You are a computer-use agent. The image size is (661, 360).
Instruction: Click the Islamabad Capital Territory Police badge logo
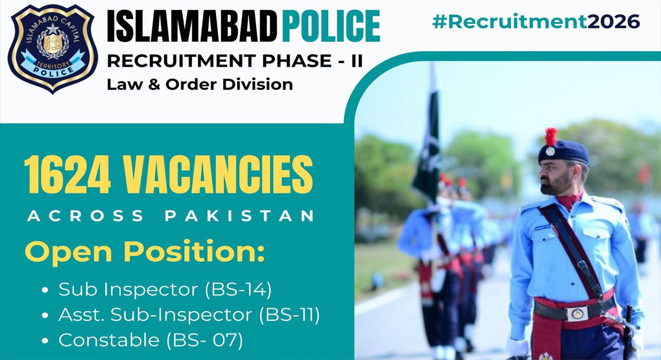tap(53, 48)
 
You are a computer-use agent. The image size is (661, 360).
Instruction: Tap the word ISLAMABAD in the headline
tap(191, 27)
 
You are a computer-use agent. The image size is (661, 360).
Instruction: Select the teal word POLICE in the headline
tap(331, 27)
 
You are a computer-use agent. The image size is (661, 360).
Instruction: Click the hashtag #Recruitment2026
tap(536, 22)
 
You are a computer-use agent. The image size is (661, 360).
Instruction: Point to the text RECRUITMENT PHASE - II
tap(235, 61)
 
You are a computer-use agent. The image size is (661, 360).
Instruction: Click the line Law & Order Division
tap(200, 84)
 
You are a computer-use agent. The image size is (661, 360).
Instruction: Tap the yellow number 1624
tap(67, 175)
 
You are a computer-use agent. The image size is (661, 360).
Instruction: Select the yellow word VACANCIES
tap(218, 175)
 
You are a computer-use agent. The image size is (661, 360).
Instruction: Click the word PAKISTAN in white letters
tap(239, 216)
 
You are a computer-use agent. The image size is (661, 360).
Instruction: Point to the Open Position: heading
tap(145, 252)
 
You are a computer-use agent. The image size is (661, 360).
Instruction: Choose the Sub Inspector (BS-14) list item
tap(165, 289)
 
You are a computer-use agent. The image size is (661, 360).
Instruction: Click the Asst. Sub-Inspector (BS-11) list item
tap(189, 315)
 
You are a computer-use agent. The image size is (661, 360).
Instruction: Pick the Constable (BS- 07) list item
tap(150, 340)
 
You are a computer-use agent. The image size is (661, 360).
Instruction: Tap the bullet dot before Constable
tap(45, 341)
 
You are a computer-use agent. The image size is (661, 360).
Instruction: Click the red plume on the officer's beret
tap(551, 136)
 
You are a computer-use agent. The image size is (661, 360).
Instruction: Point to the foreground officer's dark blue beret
tap(563, 153)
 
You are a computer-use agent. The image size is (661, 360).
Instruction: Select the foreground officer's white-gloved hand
tap(517, 348)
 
